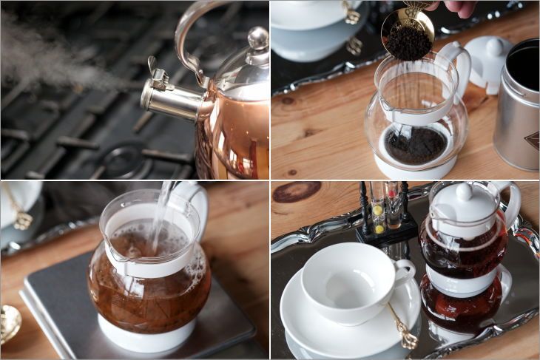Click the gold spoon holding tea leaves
point(407,33)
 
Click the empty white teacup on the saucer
point(348,281)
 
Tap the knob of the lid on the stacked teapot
point(464,191)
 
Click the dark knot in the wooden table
point(297,191)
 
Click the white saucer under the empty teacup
point(311,325)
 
